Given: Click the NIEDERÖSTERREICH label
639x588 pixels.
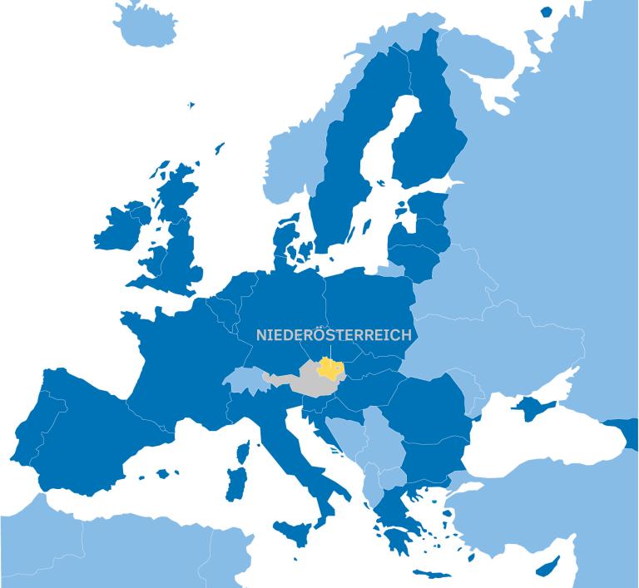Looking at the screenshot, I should [334, 335].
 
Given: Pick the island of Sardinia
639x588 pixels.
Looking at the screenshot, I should [237, 483].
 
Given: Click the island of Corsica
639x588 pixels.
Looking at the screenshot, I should [242, 453].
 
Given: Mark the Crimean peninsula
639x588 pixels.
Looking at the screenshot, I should [531, 407].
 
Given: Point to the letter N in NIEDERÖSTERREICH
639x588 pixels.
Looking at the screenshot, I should [261, 335].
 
